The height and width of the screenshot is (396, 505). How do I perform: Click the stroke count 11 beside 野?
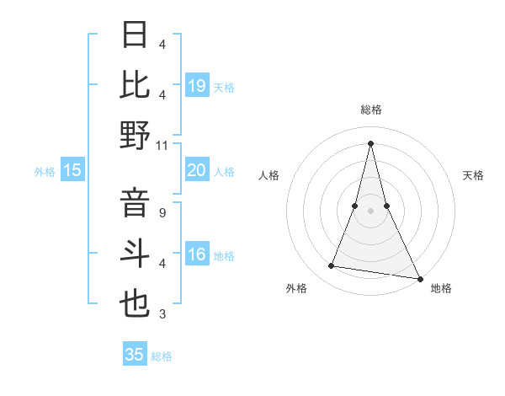coord(162,145)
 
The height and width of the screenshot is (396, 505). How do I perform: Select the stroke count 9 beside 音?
coord(162,212)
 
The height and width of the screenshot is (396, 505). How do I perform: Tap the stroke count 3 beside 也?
coord(162,314)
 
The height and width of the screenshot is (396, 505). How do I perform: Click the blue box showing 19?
coord(196,85)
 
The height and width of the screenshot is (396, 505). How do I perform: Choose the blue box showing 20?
coord(196,170)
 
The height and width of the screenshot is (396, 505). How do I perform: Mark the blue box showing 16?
coord(196,255)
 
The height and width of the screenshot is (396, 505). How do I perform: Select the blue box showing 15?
coord(72,170)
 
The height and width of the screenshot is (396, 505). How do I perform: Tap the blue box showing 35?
coord(134,355)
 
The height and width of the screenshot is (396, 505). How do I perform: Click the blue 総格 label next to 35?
coord(162,356)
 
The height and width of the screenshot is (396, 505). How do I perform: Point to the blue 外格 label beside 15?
coord(45,172)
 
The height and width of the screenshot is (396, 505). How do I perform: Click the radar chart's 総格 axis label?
coord(370,110)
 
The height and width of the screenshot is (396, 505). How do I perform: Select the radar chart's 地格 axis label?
coord(441,288)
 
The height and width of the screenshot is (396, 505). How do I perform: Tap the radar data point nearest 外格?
coord(332,266)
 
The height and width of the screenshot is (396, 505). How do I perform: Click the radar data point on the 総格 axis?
coord(370,143)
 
